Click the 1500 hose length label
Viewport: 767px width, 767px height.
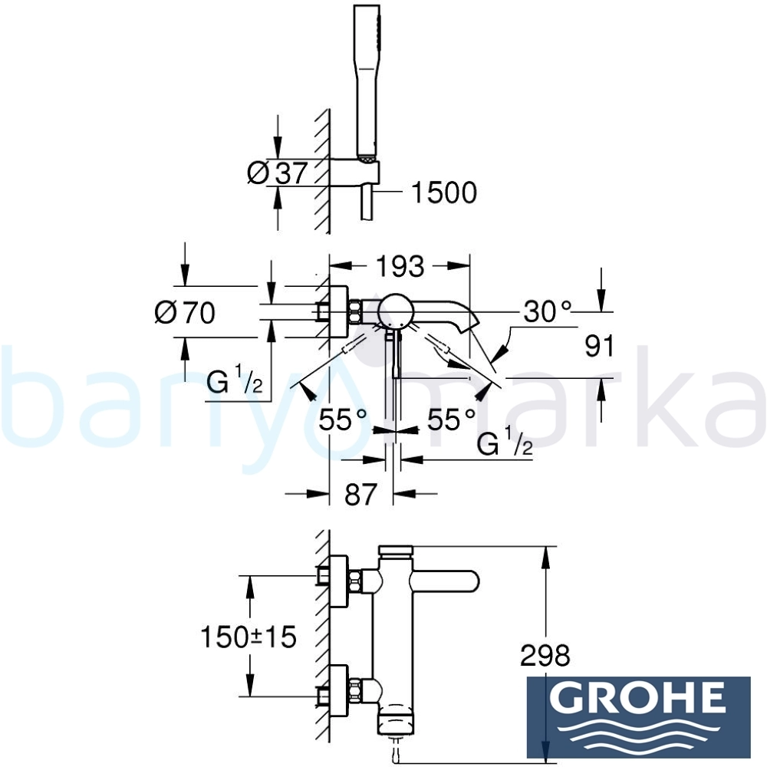[444, 193]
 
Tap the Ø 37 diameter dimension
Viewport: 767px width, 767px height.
[278, 173]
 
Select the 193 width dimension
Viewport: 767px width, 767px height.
[400, 267]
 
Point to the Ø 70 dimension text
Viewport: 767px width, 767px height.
[185, 313]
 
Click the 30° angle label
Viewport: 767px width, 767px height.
[548, 311]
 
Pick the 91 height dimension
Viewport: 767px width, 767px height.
[600, 347]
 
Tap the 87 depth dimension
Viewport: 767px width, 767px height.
[361, 494]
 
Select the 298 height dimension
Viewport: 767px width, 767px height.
[545, 655]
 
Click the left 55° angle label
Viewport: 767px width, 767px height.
[342, 420]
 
